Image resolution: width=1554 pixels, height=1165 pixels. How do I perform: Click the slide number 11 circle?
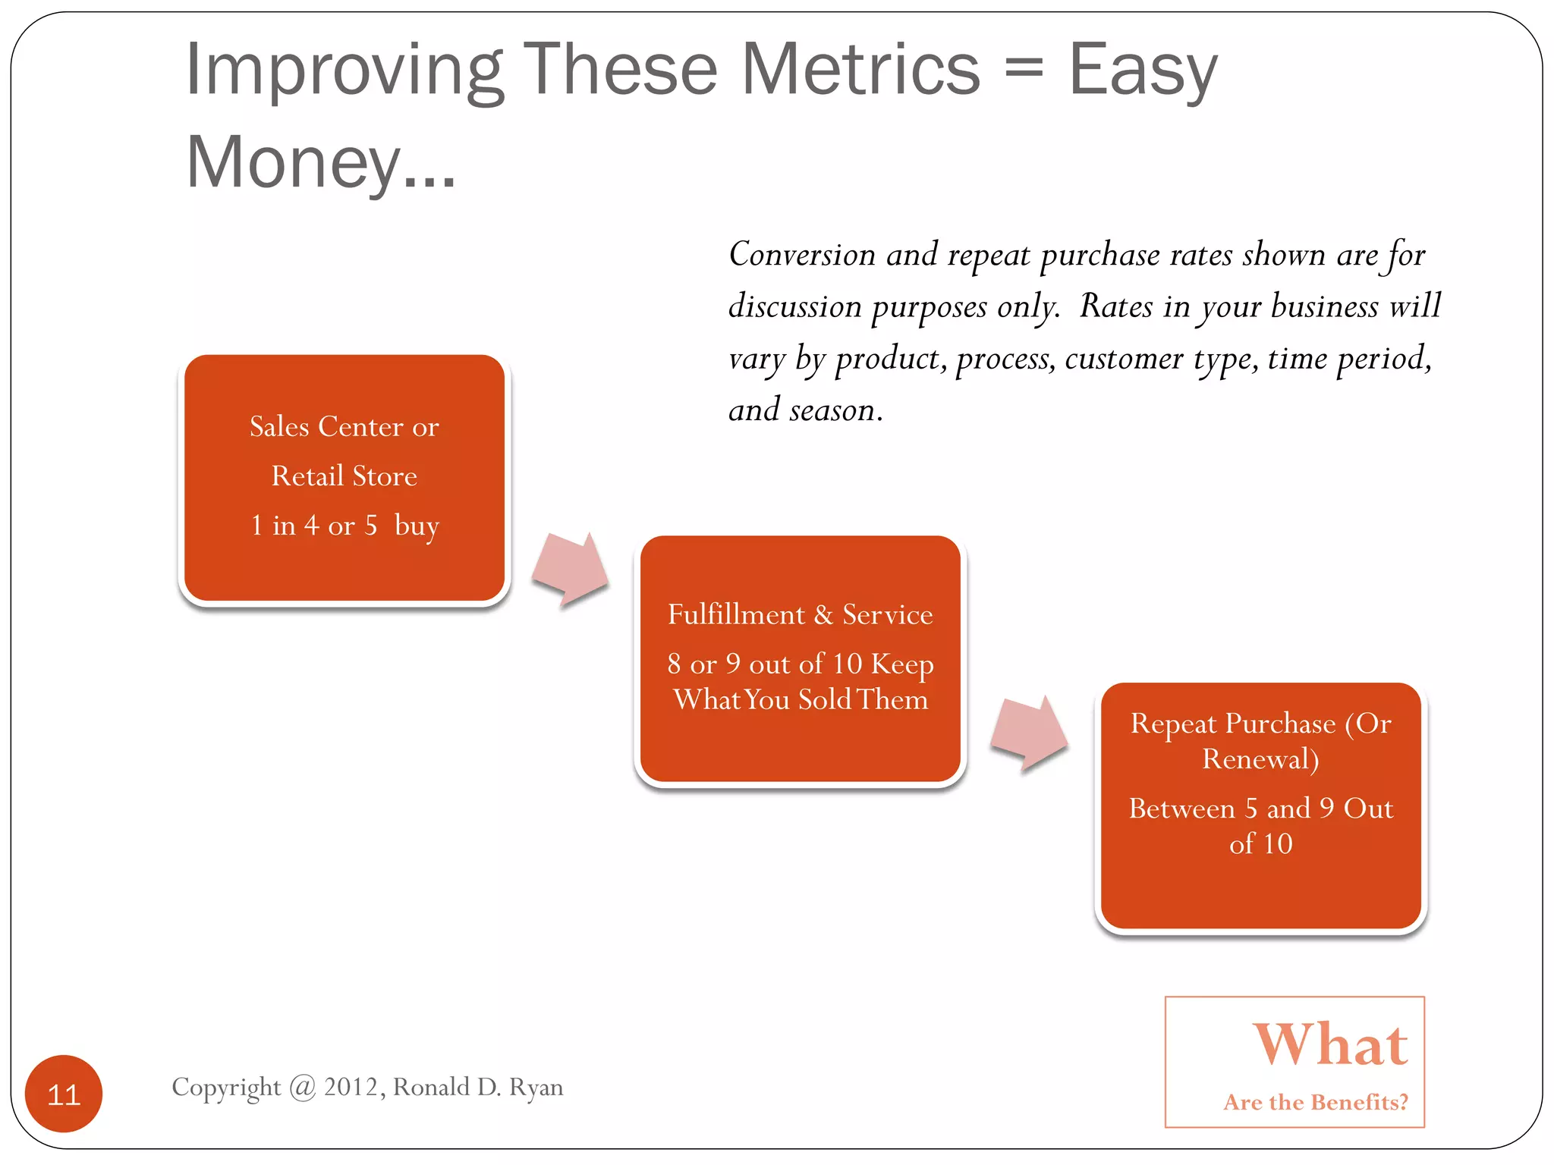[x=64, y=1093]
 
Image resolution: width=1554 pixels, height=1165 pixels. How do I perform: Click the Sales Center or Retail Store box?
[x=344, y=478]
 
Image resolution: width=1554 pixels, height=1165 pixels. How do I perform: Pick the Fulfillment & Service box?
[x=801, y=658]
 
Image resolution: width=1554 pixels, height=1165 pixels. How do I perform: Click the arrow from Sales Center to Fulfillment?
[x=571, y=570]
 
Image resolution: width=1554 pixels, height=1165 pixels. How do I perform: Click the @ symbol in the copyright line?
[x=303, y=1088]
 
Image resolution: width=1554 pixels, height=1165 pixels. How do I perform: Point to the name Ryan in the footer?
[x=536, y=1088]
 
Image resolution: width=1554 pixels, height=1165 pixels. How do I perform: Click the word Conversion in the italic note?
[x=802, y=255]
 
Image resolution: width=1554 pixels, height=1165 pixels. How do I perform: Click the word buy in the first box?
[x=417, y=525]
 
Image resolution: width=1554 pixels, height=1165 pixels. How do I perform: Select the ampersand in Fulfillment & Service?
[x=823, y=614]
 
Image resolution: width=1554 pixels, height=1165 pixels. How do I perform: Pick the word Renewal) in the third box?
[x=1260, y=759]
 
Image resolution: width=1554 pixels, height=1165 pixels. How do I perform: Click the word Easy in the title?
[x=1142, y=70]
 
